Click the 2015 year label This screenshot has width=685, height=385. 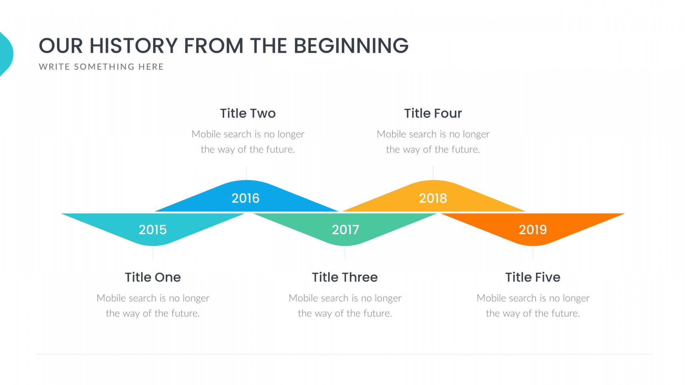coord(153,230)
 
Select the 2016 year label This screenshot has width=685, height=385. coord(245,198)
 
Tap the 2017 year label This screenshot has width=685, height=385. coord(345,230)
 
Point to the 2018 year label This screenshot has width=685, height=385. coord(433,198)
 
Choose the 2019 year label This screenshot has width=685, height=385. coord(533,230)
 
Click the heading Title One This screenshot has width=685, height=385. coord(153,277)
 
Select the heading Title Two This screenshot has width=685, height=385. coord(248,113)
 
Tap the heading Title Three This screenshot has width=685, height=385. coord(345,277)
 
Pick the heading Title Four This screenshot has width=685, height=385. coord(433,113)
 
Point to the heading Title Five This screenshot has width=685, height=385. coord(533,277)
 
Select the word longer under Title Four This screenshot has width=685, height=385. coord(476,134)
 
